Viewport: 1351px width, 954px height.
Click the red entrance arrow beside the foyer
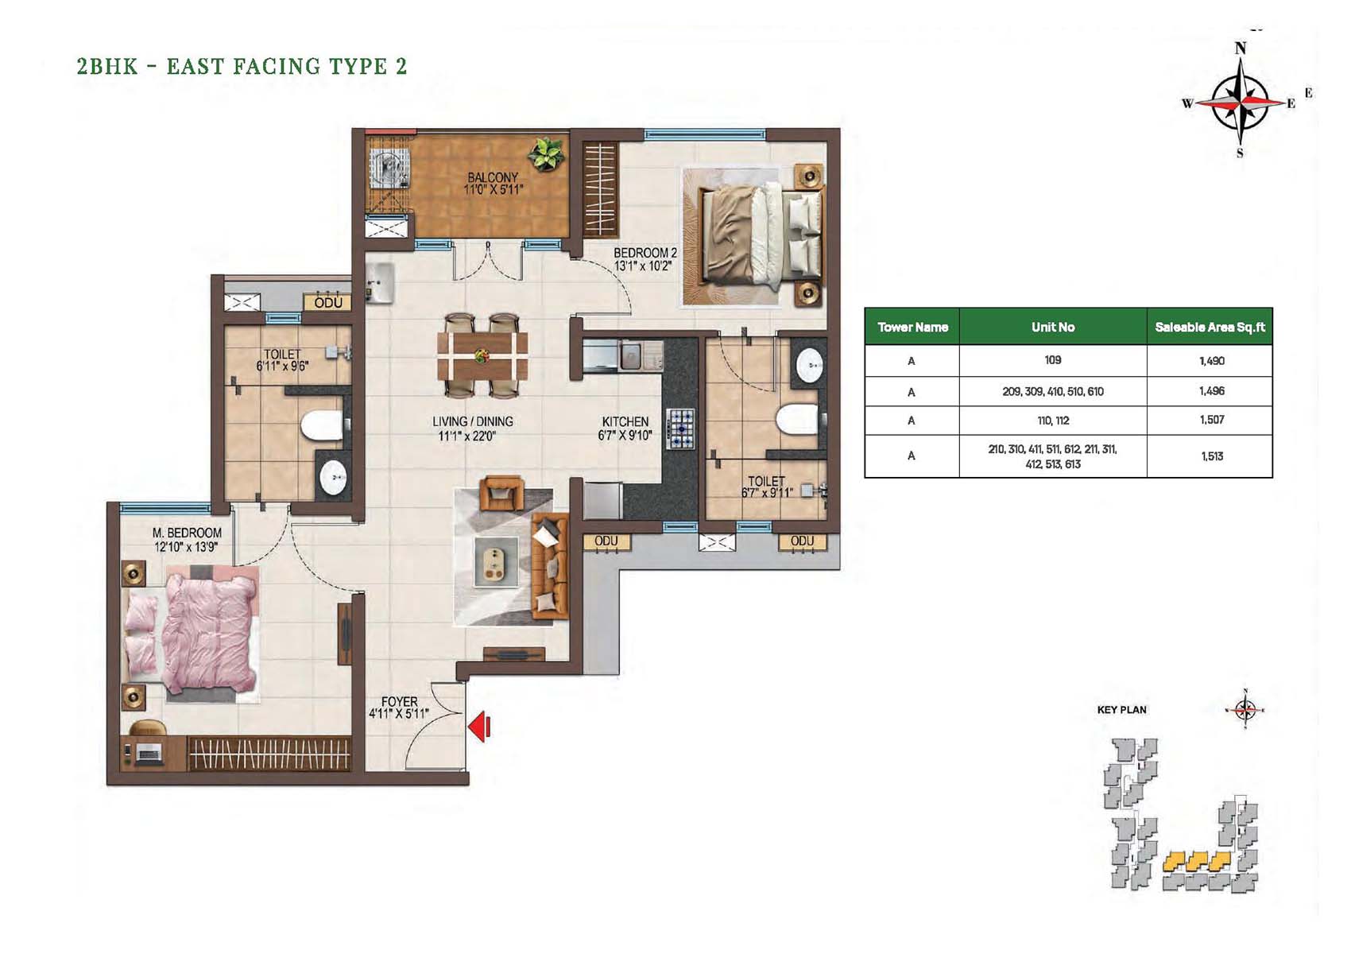(479, 727)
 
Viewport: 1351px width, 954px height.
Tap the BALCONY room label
(493, 177)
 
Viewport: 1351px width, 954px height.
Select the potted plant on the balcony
(547, 154)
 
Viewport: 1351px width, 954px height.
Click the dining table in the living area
(482, 356)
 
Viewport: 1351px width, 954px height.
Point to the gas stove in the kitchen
(680, 429)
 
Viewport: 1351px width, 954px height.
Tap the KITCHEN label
(625, 422)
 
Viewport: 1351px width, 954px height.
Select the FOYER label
(399, 702)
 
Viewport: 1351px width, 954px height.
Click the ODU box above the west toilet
(327, 302)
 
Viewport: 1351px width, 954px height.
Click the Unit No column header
(1053, 327)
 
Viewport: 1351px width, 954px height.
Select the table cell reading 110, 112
(1053, 420)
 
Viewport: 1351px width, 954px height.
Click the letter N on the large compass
(1240, 48)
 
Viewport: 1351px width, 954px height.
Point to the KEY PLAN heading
(1122, 710)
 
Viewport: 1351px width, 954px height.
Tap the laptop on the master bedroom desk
(149, 753)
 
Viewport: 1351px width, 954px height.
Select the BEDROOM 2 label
(645, 253)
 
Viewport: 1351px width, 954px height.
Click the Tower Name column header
(912, 327)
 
